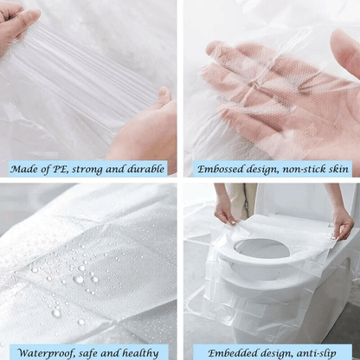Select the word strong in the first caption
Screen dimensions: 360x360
click(102, 169)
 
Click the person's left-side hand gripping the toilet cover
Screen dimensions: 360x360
click(225, 210)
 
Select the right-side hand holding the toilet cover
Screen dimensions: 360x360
click(341, 222)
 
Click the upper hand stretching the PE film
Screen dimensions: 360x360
click(17, 26)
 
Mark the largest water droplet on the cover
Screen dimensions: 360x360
click(79, 280)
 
